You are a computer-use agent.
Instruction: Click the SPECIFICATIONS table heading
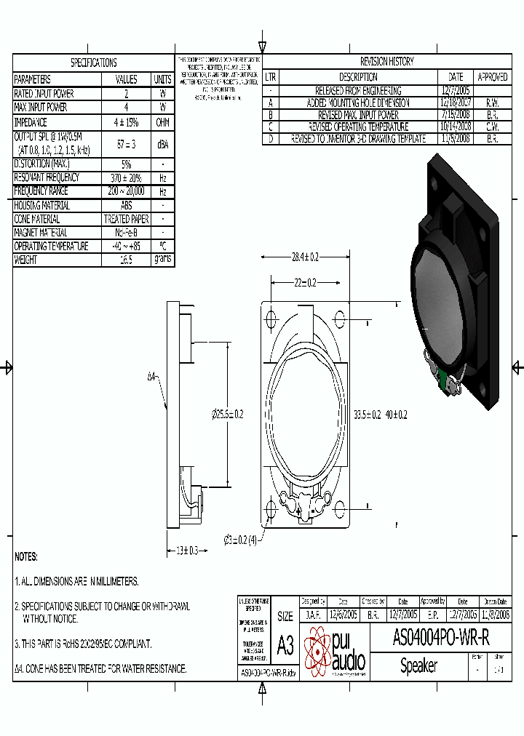[93, 63]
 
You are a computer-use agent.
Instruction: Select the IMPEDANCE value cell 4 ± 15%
[127, 122]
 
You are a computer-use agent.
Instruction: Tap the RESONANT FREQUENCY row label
[47, 177]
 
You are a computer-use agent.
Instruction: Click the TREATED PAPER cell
[127, 219]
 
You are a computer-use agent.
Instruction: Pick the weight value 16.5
[127, 260]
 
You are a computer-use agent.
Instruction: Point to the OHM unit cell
[162, 122]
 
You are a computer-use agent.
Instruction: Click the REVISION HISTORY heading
[386, 62]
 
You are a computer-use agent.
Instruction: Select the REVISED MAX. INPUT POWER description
[358, 115]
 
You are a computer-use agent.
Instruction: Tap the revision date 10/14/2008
[456, 127]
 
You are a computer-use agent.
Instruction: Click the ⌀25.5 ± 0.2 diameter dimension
[227, 414]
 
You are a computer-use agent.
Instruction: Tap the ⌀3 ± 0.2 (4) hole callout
[241, 540]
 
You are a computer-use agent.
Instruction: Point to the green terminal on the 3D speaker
[443, 379]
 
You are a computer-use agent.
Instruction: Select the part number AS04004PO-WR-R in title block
[441, 638]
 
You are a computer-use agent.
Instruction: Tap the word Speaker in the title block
[418, 666]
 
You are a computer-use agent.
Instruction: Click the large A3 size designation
[285, 645]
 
